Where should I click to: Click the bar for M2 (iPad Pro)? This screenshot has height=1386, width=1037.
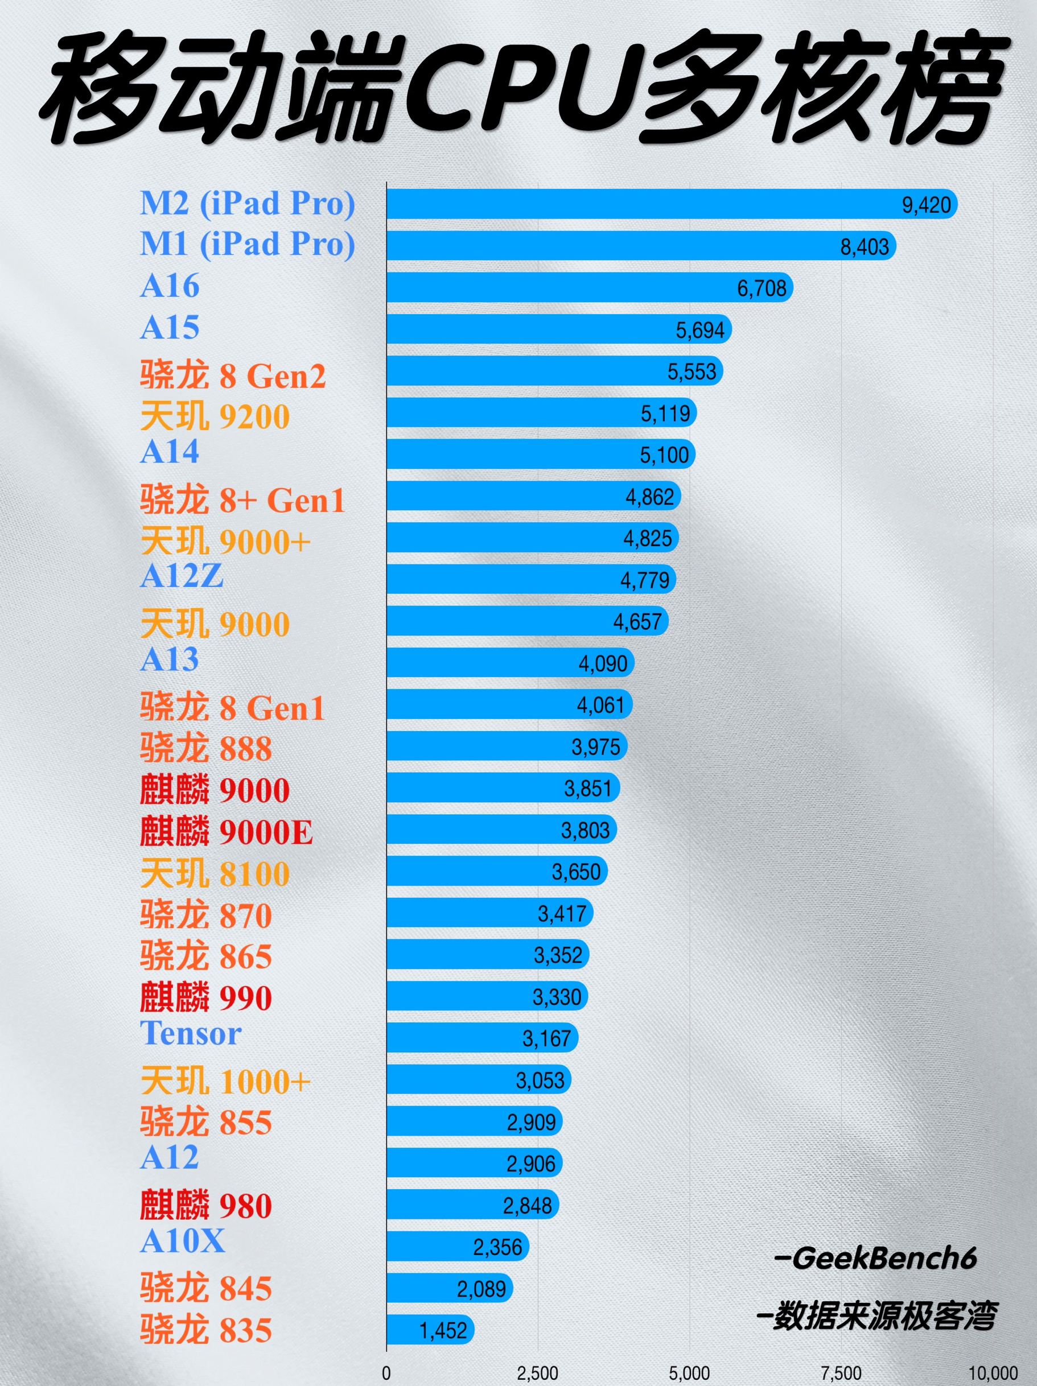[671, 204]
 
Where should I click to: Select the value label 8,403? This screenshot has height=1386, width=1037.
[865, 247]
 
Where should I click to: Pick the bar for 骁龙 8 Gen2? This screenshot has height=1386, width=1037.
[554, 371]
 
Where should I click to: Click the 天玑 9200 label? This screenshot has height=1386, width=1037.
[215, 416]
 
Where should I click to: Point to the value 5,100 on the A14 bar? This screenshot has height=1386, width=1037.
[664, 455]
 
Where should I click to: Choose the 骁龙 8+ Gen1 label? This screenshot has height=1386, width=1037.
[242, 500]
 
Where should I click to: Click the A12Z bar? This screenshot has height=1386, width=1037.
[530, 579]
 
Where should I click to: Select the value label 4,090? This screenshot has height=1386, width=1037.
[603, 663]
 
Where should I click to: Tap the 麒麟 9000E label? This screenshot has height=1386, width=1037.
[227, 832]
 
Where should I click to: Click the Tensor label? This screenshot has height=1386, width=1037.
[191, 1033]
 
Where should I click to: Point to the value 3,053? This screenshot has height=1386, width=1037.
[540, 1080]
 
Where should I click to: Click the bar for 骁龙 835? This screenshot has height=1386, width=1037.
[430, 1330]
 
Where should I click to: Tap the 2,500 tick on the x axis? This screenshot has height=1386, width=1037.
[537, 1373]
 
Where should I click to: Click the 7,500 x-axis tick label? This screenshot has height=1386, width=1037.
[841, 1373]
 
